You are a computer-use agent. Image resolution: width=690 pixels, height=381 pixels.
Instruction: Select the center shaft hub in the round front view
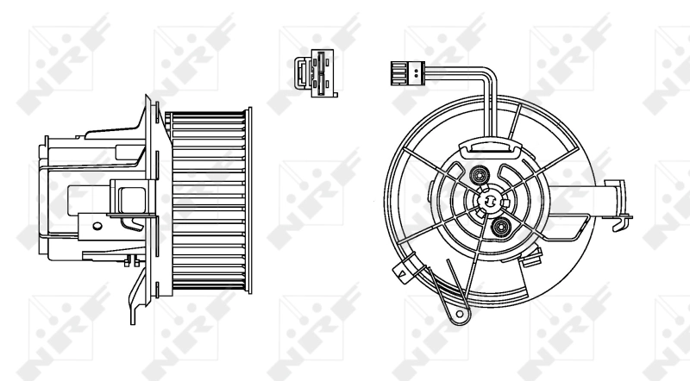[x=487, y=201]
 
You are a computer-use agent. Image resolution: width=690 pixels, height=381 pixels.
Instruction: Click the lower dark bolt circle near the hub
[x=500, y=228]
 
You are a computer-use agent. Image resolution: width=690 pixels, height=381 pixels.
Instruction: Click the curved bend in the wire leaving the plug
[x=487, y=76]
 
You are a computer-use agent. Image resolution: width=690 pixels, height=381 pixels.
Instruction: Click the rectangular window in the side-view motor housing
[x=130, y=197]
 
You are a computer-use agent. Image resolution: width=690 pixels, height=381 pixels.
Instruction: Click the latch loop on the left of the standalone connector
[x=298, y=72]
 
